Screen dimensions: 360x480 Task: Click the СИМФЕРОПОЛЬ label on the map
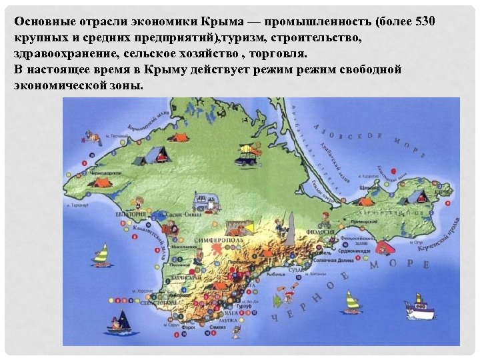(x=218, y=237)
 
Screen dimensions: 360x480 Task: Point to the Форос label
(x=189, y=327)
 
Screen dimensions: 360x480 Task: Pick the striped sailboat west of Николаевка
(x=101, y=253)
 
